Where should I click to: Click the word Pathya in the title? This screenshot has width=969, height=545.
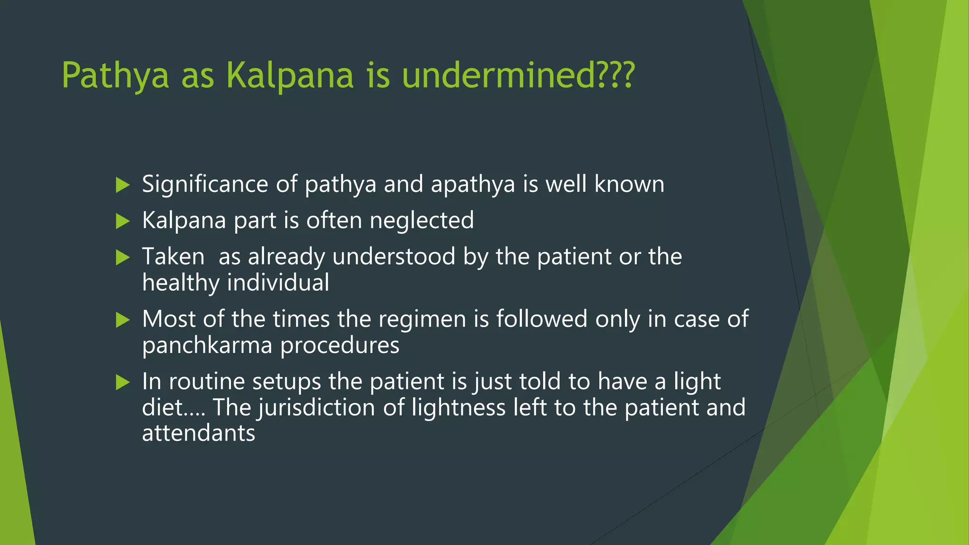(115, 76)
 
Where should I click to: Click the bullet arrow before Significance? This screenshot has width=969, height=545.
(123, 185)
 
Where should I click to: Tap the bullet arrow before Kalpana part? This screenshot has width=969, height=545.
(123, 221)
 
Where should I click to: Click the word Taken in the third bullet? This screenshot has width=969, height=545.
(173, 257)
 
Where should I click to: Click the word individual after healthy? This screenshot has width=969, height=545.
(278, 283)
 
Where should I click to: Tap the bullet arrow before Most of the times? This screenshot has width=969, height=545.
(123, 320)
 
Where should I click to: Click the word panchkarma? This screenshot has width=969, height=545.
(207, 346)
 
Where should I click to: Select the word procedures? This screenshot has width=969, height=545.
(340, 346)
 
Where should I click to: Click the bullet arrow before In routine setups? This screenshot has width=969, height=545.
(123, 382)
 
